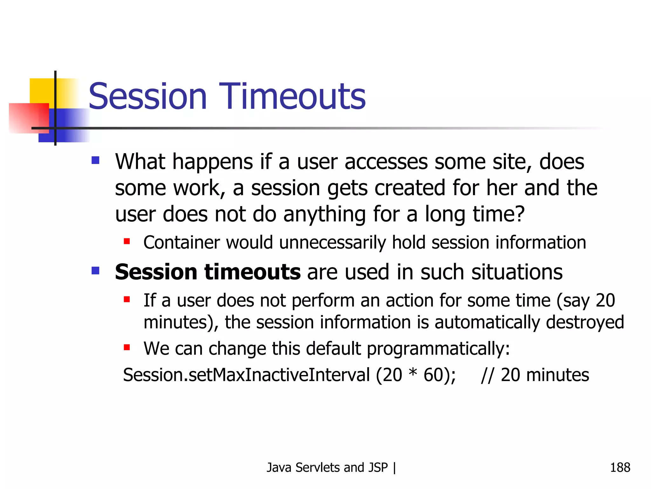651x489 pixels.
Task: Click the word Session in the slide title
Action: [x=147, y=96]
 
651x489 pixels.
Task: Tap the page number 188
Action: [x=620, y=467]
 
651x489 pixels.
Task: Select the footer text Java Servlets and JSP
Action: [x=327, y=467]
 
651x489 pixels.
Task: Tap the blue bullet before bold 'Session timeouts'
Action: [x=95, y=271]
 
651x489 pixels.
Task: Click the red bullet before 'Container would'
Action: [x=127, y=241]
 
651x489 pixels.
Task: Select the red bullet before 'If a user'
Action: [x=127, y=299]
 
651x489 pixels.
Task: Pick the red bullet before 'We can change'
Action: [x=127, y=347]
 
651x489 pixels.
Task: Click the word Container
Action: [x=181, y=243]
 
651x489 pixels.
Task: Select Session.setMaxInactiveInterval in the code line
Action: [x=246, y=375]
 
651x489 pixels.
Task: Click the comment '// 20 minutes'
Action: [x=535, y=375]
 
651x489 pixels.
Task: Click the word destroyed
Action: [x=585, y=322]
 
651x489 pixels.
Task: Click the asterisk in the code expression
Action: [x=413, y=372]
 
